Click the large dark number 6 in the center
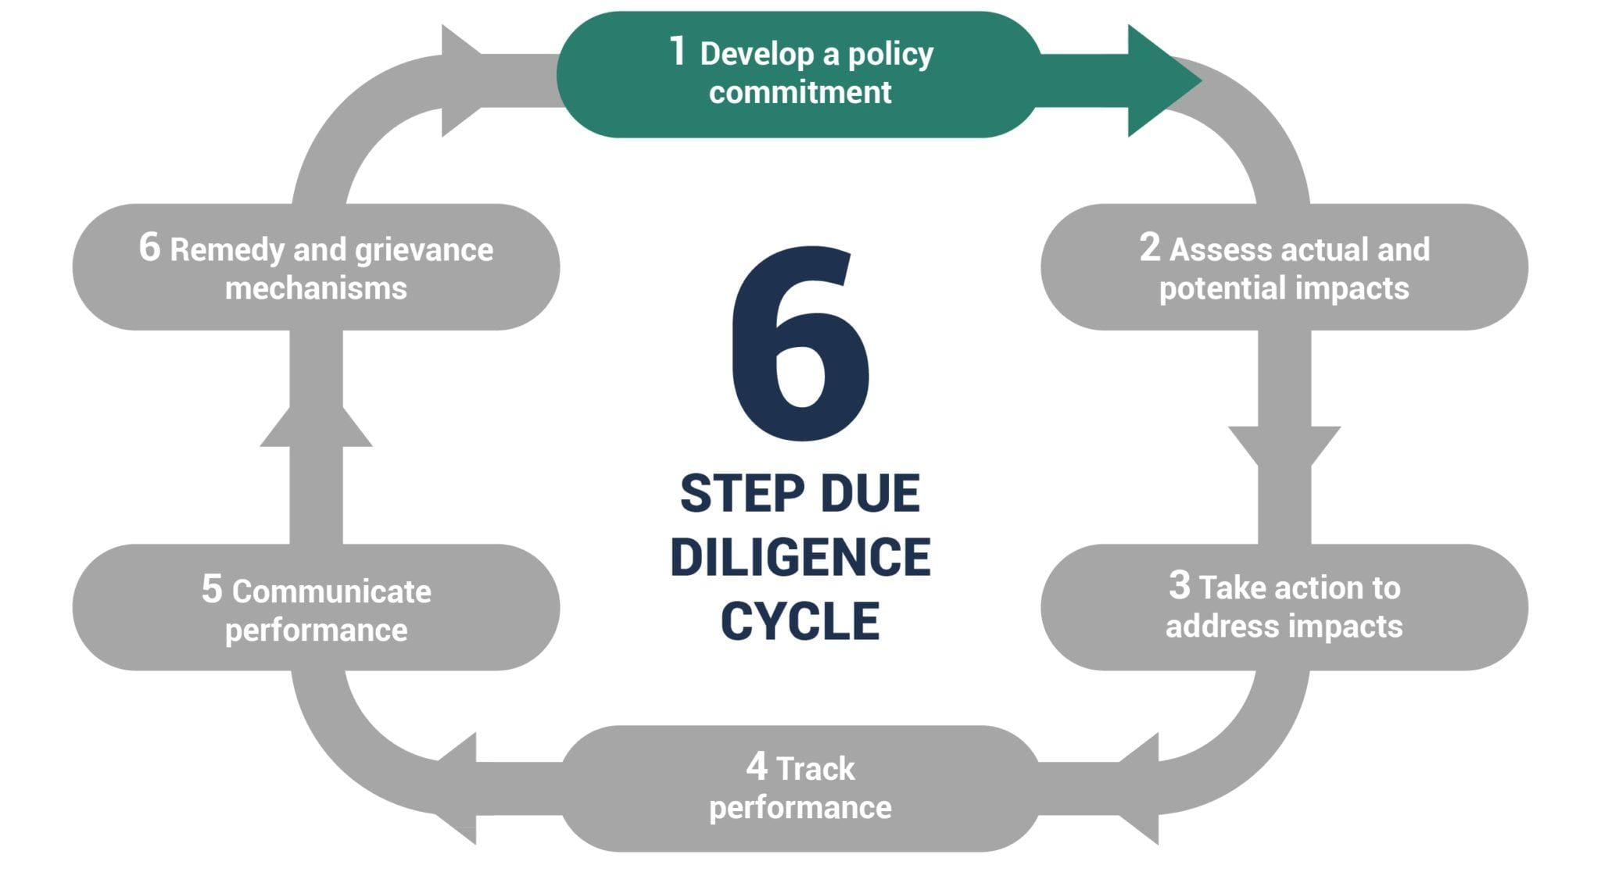click(x=800, y=344)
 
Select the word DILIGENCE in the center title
click(x=800, y=558)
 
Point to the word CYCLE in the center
click(x=800, y=622)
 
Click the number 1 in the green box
click(x=678, y=52)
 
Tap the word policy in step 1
click(x=890, y=55)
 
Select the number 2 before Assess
click(x=1149, y=248)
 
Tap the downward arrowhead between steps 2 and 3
click(x=1284, y=445)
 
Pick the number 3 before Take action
click(x=1179, y=585)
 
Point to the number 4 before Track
click(x=757, y=767)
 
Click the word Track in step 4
click(x=816, y=770)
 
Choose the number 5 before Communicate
click(x=212, y=589)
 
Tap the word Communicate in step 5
click(x=331, y=592)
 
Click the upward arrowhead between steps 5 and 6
click(x=316, y=427)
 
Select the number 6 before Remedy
click(x=149, y=248)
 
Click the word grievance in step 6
click(x=424, y=251)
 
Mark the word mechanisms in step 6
click(x=316, y=288)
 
